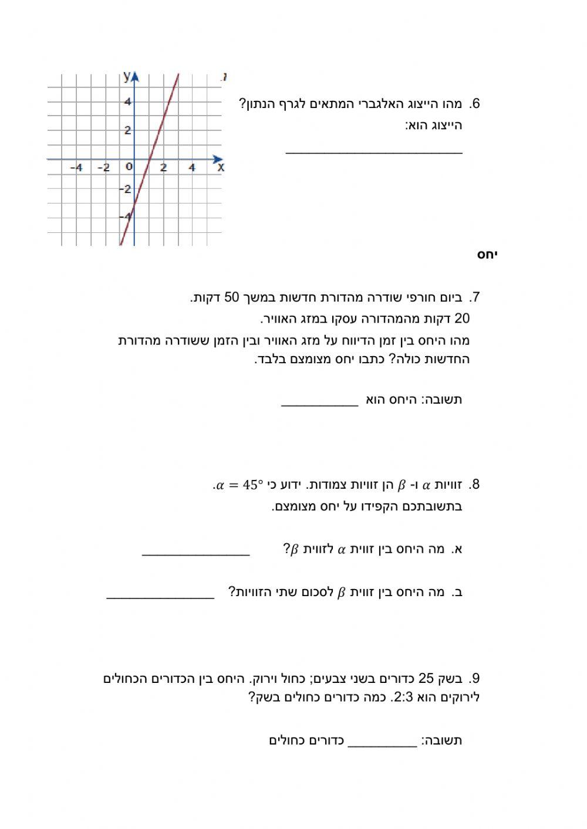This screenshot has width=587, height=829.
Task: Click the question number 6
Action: coord(474,104)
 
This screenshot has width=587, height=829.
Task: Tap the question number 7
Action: coord(474,297)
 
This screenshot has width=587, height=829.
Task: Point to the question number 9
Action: coord(474,679)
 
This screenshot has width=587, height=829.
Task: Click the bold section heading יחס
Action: coord(487,255)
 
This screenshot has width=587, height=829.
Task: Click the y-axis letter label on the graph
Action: coord(126,76)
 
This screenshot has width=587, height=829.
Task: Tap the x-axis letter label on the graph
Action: coord(221,168)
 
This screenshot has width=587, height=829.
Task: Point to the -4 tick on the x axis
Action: coord(76,168)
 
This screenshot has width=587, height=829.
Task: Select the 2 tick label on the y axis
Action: coord(127,130)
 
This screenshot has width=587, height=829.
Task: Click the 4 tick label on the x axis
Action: coord(192,168)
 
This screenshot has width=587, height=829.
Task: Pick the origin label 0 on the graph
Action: coord(129,167)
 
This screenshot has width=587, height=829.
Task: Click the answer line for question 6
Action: coord(374,152)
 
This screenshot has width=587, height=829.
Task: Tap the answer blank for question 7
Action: coord(319,404)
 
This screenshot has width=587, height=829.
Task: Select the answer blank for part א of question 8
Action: coord(195,553)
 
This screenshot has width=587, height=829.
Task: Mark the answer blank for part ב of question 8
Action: coord(160,597)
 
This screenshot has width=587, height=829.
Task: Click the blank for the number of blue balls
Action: coord(382,745)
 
